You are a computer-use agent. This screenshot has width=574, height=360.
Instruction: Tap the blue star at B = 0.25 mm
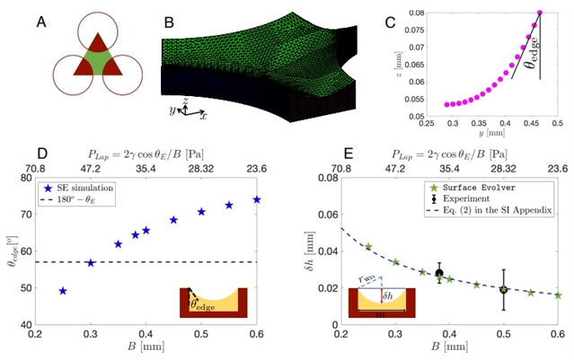click(x=63, y=291)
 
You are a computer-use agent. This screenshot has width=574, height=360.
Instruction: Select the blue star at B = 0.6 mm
click(x=257, y=199)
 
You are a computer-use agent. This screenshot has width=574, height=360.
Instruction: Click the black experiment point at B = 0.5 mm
click(x=504, y=289)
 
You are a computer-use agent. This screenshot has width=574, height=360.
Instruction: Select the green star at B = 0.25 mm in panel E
click(x=368, y=246)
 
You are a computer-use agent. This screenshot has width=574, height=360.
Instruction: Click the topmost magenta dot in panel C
click(x=541, y=13)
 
